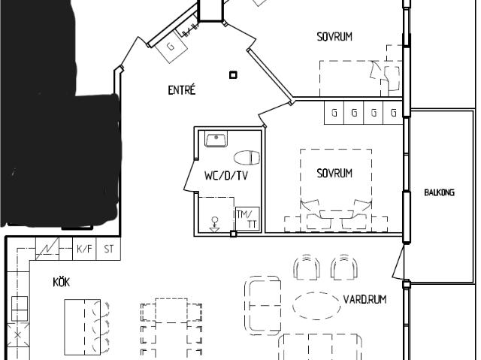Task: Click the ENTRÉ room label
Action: click(x=182, y=90)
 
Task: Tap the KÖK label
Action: click(x=62, y=282)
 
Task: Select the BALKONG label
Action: click(x=439, y=192)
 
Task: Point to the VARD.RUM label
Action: click(x=365, y=299)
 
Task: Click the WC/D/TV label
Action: click(x=226, y=176)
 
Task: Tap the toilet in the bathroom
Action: click(x=247, y=158)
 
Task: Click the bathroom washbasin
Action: click(x=216, y=139)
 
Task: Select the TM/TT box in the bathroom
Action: click(x=247, y=219)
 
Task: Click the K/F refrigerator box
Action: click(x=84, y=249)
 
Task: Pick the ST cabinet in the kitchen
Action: click(x=108, y=249)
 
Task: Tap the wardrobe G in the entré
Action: click(x=171, y=47)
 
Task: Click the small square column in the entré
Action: click(x=233, y=75)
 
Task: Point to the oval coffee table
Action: click(x=317, y=306)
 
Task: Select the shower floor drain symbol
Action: click(x=215, y=225)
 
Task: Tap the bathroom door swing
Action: click(x=190, y=176)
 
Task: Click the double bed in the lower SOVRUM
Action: click(x=336, y=189)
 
